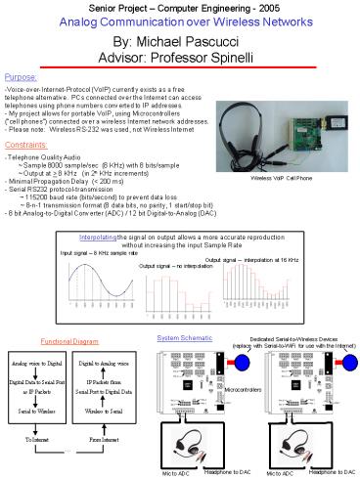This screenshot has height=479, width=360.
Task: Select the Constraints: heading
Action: pyautogui.click(x=28, y=143)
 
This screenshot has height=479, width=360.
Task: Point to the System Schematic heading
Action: pyautogui.click(x=179, y=336)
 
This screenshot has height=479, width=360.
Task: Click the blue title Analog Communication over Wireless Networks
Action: pyautogui.click(x=179, y=21)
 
